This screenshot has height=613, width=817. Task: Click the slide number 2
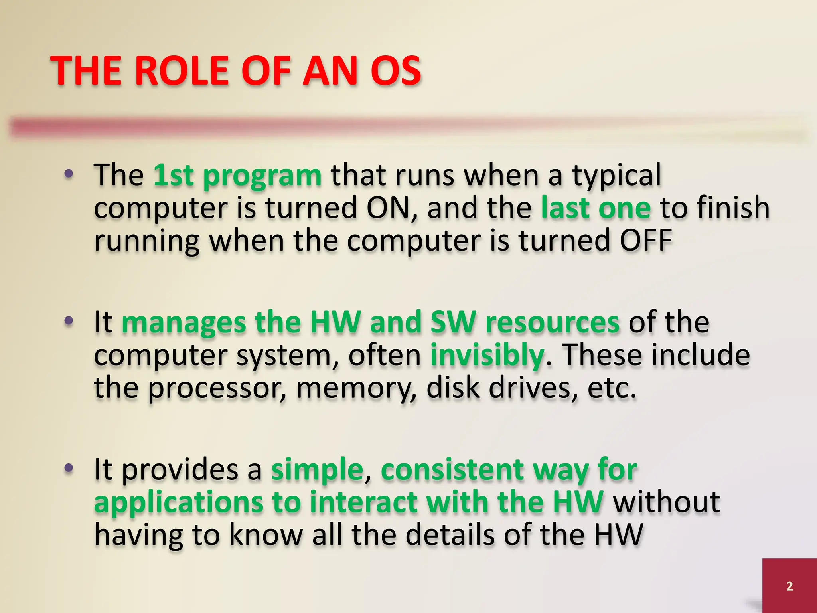tap(789, 586)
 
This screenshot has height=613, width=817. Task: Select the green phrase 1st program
tap(237, 176)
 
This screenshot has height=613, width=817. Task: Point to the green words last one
tap(596, 208)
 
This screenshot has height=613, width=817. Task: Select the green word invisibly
tap(487, 355)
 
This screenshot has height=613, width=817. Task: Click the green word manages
tap(184, 323)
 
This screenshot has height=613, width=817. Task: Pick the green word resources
tap(553, 322)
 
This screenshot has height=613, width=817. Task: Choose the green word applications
tap(178, 503)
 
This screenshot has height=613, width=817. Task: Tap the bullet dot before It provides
tap(69, 468)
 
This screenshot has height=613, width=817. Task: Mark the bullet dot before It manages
tap(69, 321)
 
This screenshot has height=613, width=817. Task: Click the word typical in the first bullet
tap(617, 176)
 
